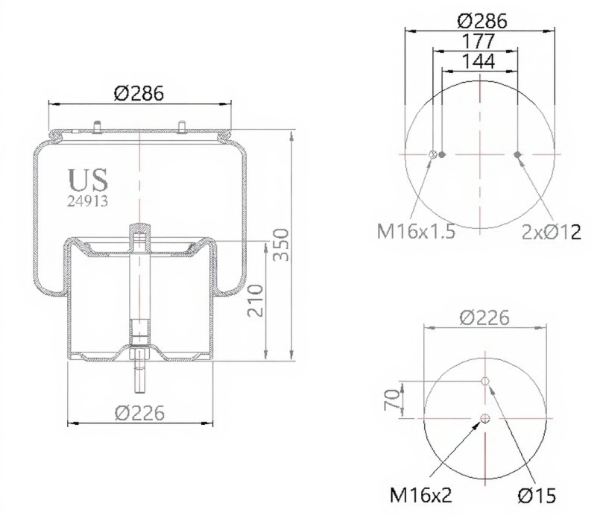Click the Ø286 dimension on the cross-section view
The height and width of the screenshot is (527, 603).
[x=139, y=93]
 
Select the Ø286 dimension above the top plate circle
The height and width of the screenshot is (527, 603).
[x=482, y=21]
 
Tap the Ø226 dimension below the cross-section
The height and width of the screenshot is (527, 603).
[x=139, y=411]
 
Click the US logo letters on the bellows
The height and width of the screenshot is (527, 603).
[x=88, y=180]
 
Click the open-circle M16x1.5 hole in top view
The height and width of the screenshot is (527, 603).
[x=432, y=155]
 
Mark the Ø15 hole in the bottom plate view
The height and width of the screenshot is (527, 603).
[x=485, y=382]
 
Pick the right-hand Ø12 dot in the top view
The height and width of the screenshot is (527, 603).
[x=517, y=155]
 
